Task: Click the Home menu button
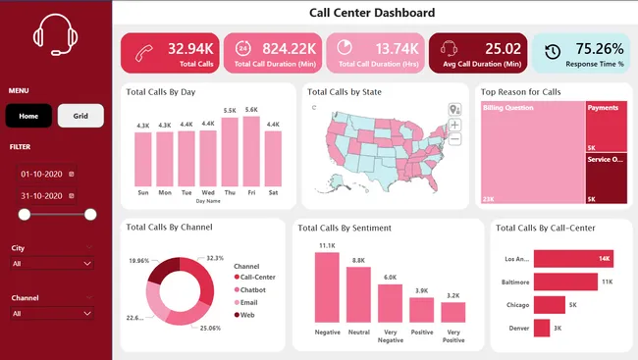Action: [28, 116]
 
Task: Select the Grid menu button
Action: [80, 116]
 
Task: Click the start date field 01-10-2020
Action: [42, 174]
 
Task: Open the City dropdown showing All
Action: [53, 264]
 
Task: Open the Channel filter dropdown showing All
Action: [53, 314]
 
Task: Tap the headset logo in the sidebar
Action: [55, 36]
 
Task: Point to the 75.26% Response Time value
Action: [599, 48]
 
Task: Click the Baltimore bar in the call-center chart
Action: [565, 283]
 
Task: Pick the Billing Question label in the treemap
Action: [506, 107]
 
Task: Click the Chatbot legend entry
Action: [253, 290]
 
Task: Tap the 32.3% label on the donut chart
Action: [215, 258]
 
